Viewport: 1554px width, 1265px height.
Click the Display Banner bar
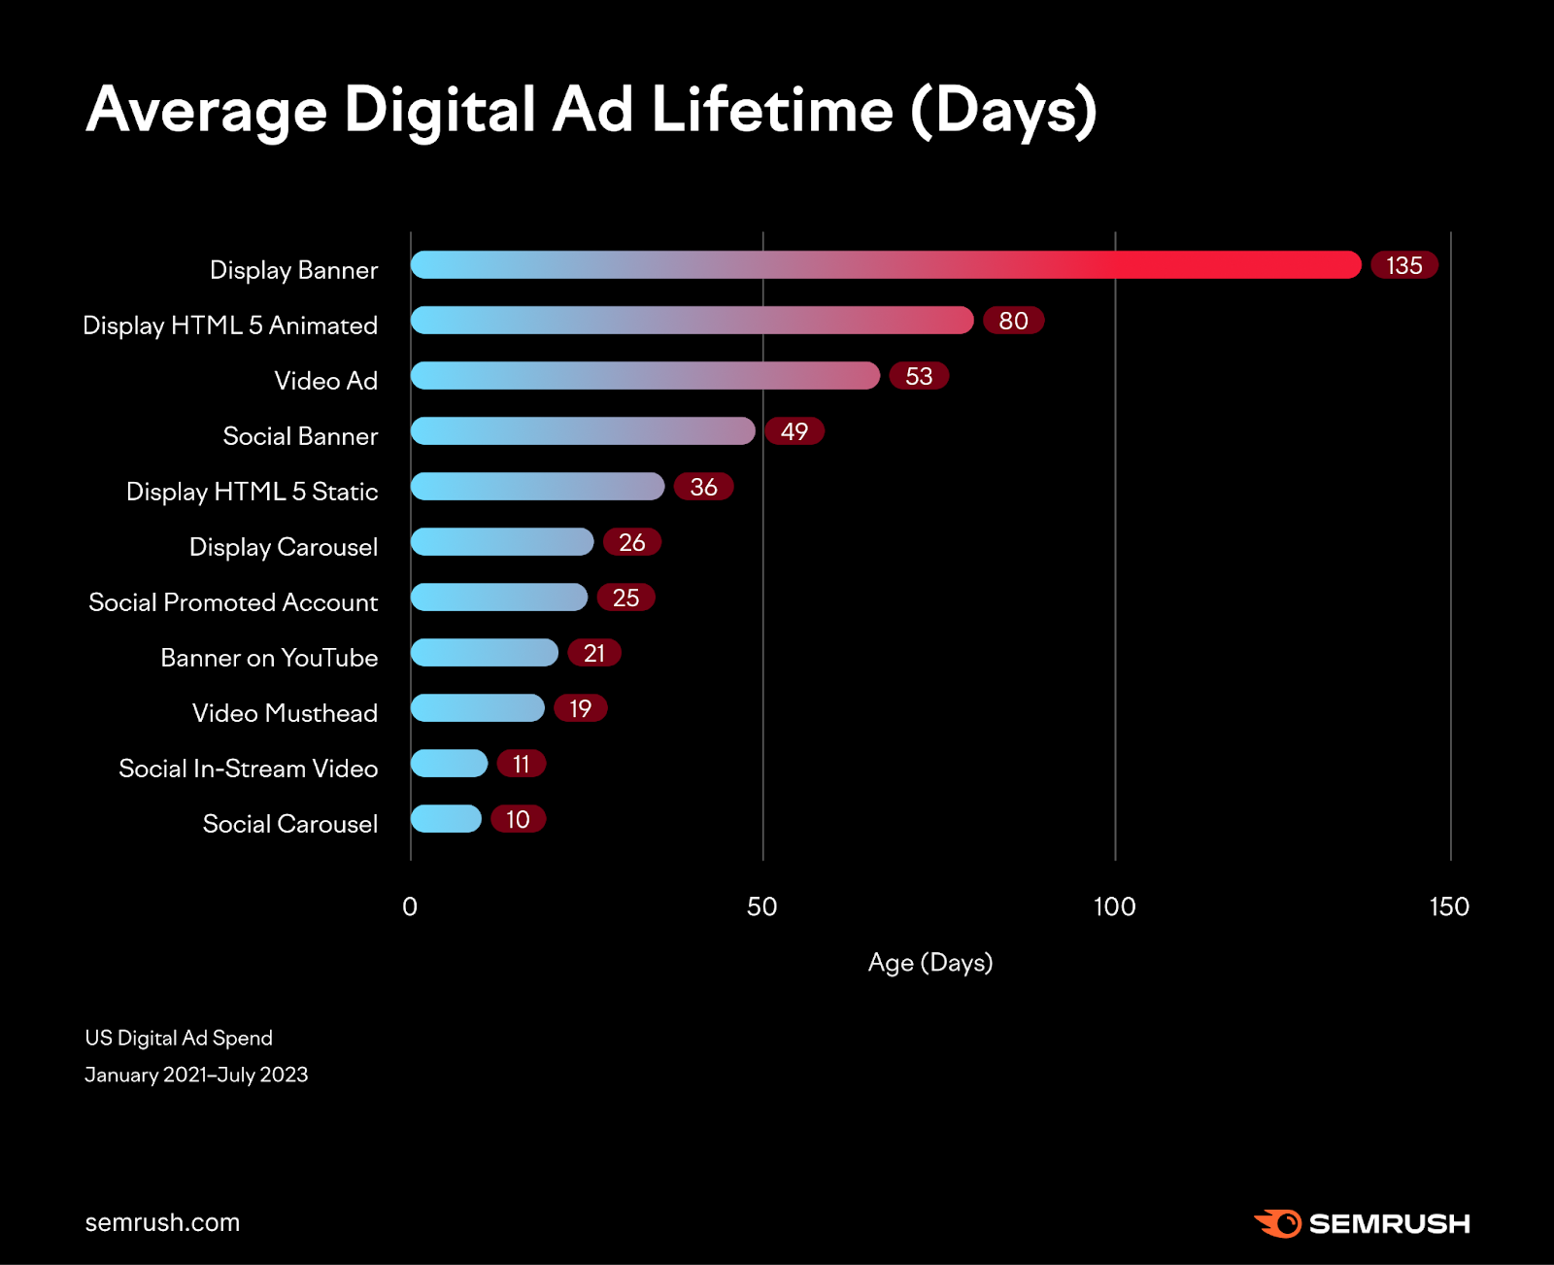click(885, 265)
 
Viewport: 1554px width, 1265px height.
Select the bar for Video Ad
click(645, 376)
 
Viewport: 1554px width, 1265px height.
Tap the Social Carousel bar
click(446, 819)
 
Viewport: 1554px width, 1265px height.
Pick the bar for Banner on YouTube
click(484, 653)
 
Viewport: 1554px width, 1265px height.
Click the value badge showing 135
click(1403, 265)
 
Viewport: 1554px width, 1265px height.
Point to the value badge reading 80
click(1013, 321)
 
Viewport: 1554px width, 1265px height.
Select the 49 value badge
click(794, 431)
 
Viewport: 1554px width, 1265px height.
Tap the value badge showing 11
click(521, 764)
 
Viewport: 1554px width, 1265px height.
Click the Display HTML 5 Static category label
click(252, 492)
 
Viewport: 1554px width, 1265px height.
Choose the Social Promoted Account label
click(233, 602)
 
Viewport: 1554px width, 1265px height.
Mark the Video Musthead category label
click(285, 713)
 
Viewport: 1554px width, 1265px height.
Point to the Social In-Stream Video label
click(248, 769)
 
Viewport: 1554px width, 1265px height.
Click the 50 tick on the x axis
click(761, 906)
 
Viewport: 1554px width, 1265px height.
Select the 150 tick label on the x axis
click(1448, 906)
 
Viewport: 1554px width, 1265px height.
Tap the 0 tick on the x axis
click(410, 906)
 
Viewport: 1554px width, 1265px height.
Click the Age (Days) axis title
click(929, 963)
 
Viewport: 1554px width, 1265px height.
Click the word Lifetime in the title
click(772, 109)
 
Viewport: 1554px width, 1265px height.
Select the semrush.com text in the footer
click(162, 1222)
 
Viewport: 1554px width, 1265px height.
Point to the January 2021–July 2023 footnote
click(196, 1075)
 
